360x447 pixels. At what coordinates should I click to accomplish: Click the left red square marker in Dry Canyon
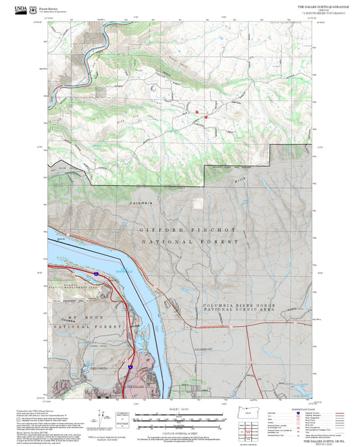(197, 111)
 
